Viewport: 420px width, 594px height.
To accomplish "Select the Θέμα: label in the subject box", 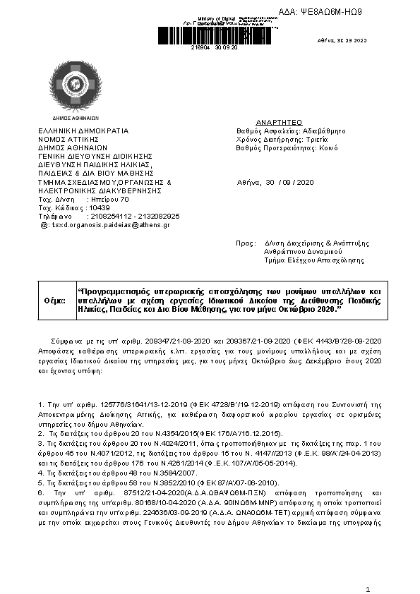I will coord(55,300).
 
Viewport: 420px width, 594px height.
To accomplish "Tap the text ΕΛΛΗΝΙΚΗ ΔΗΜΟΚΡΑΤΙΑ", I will coord(83,131).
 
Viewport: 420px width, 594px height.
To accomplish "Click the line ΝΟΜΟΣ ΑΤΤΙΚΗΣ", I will coord(68,139).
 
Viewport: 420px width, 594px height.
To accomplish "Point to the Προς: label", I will coord(244,243).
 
